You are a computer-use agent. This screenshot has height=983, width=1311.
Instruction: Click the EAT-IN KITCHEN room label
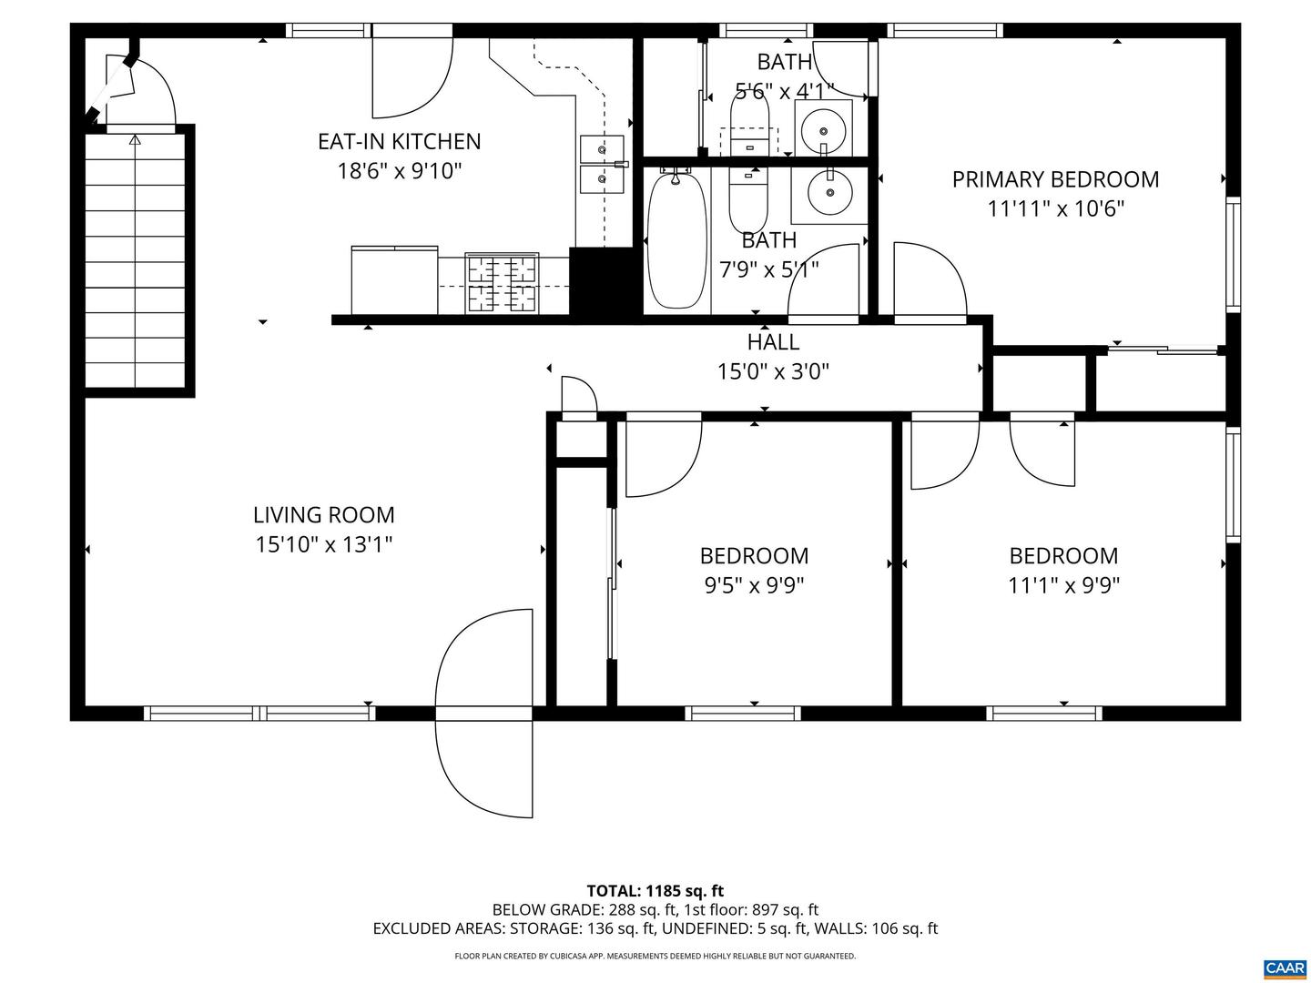point(399,142)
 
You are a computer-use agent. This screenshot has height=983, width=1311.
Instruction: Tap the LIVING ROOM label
point(324,515)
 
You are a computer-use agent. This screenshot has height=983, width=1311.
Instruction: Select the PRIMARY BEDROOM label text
point(1055,179)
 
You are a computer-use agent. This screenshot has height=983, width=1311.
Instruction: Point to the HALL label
point(773,342)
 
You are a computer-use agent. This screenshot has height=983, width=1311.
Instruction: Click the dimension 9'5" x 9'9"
point(754,585)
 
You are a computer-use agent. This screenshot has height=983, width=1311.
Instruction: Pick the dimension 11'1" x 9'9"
point(1063,585)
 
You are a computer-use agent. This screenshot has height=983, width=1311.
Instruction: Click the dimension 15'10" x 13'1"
point(324,545)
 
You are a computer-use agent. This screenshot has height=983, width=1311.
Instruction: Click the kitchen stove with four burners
point(502,283)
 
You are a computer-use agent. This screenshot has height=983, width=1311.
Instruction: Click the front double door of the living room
point(483,713)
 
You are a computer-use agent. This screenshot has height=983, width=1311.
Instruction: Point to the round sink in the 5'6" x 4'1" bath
point(823,127)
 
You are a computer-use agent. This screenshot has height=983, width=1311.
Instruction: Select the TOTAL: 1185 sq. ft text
point(655,891)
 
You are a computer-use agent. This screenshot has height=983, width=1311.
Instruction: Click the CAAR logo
point(1285,968)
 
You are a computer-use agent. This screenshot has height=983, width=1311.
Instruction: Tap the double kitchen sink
point(602,164)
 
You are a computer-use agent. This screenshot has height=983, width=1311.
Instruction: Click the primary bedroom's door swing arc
point(930,282)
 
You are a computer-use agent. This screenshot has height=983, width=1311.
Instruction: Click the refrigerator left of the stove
point(394,280)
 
